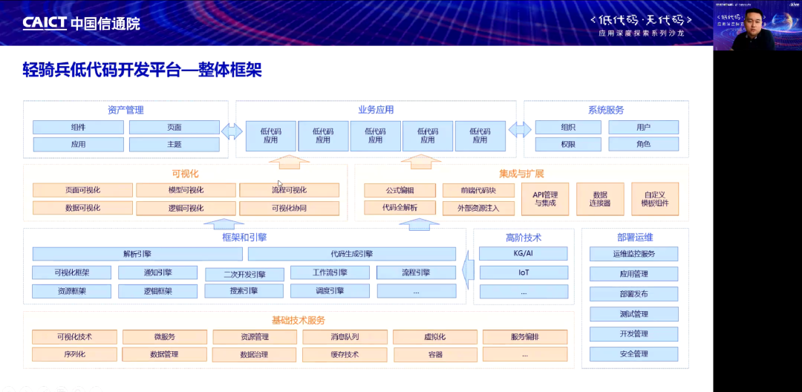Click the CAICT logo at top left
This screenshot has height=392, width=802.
click(x=81, y=23)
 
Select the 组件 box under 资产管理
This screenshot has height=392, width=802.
click(x=78, y=127)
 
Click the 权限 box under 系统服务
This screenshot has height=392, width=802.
click(x=568, y=144)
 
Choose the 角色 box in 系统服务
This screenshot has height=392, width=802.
click(x=643, y=144)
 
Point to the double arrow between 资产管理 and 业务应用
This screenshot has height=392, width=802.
click(x=232, y=131)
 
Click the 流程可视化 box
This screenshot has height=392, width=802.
click(x=289, y=190)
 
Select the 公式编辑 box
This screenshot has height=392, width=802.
click(x=400, y=190)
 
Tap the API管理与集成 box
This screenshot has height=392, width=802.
click(x=550, y=199)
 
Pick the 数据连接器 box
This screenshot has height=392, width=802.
click(x=600, y=199)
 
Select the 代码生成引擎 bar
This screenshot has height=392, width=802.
click(x=352, y=254)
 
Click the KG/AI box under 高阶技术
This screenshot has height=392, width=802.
click(x=524, y=254)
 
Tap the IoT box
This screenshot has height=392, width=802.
click(x=524, y=272)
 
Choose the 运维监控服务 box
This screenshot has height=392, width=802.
click(x=634, y=254)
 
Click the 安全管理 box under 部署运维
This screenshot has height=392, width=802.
click(x=634, y=354)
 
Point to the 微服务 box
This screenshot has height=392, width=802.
click(x=165, y=337)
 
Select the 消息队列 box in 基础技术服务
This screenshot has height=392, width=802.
click(x=345, y=337)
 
